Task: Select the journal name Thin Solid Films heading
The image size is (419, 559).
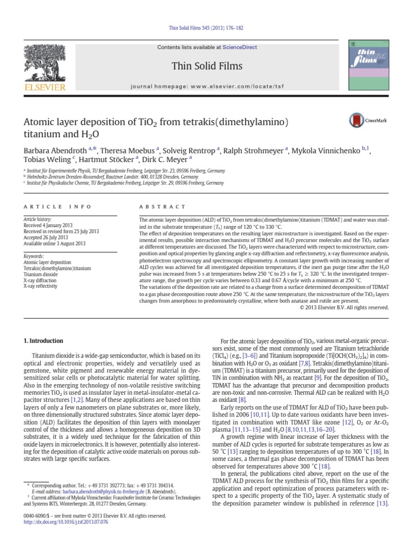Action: click(207, 67)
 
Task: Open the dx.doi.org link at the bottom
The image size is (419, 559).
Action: click(65, 522)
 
